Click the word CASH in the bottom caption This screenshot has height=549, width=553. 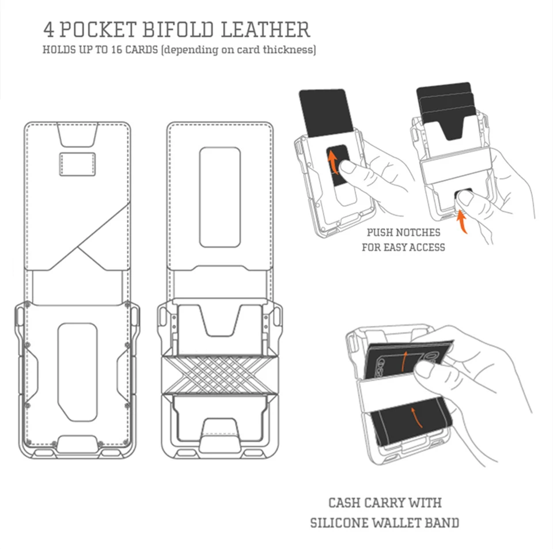point(345,503)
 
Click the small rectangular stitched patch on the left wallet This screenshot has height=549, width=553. point(77,164)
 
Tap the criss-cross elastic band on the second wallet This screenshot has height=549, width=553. point(220,374)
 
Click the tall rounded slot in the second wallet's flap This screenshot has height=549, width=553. point(219,197)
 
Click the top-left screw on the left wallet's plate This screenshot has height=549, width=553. point(28,304)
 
